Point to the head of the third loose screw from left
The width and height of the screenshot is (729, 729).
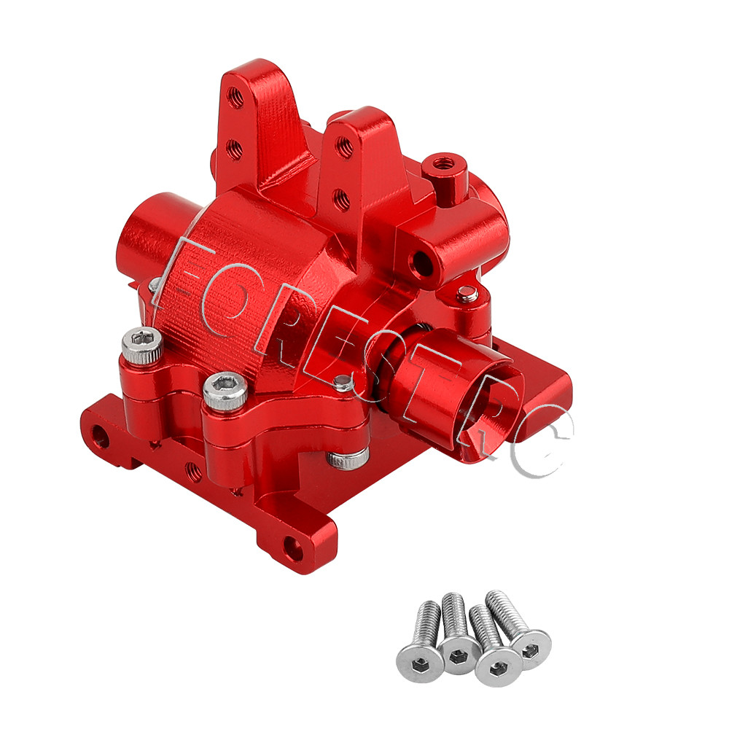[x=497, y=666]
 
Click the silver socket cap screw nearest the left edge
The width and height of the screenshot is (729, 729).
[x=142, y=345]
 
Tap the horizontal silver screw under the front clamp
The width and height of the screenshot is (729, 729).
[x=348, y=458]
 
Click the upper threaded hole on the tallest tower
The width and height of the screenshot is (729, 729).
[x=235, y=97]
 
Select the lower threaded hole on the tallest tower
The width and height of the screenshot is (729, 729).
[x=234, y=149]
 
